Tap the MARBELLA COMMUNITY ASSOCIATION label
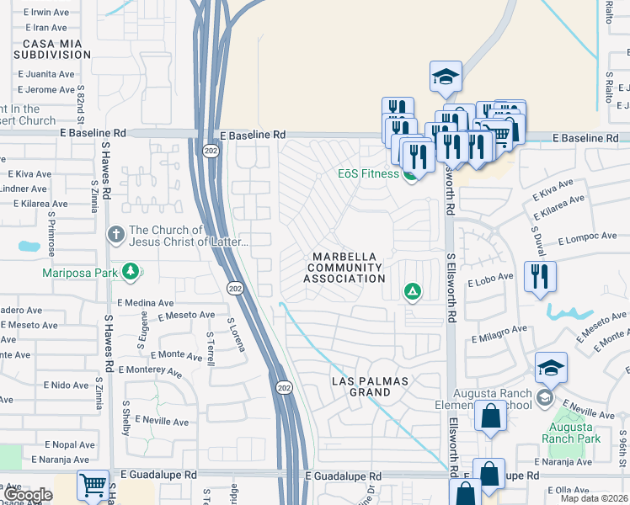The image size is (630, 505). click(x=344, y=267)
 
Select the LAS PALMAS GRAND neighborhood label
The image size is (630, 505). click(x=369, y=386)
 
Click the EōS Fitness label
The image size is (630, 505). click(x=362, y=174)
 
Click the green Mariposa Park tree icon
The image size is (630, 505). click(x=130, y=271)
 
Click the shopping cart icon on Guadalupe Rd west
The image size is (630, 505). click(x=93, y=485)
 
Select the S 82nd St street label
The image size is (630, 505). click(x=82, y=99)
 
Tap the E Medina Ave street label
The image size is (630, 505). click(x=145, y=302)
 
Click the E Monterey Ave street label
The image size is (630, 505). click(x=151, y=370)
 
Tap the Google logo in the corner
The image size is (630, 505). click(x=29, y=496)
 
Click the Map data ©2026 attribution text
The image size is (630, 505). click(x=594, y=498)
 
